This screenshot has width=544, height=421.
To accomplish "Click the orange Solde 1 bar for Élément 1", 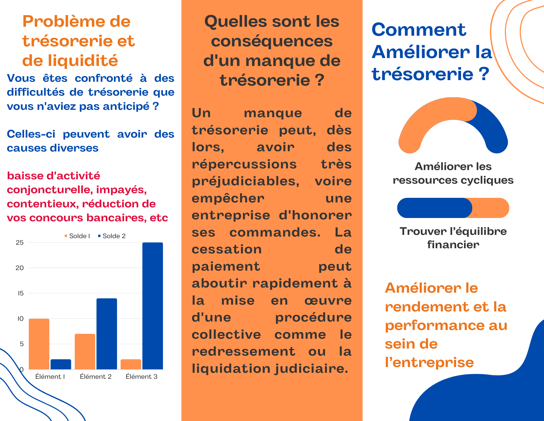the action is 39,344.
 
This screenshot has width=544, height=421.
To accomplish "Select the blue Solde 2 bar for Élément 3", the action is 153,306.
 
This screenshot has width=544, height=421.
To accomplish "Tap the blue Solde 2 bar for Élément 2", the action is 107,334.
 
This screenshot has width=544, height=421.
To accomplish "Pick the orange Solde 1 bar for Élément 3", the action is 131,364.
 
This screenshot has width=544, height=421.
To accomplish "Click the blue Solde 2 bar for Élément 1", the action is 61,364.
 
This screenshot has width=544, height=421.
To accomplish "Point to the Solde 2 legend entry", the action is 112,236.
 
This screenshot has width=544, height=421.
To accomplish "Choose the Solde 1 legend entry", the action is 77,236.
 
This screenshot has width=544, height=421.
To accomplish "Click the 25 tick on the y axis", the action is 20,243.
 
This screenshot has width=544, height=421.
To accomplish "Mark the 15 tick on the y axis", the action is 21,293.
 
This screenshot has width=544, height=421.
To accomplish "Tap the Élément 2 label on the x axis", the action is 96,377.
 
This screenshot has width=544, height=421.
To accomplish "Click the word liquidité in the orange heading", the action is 83,60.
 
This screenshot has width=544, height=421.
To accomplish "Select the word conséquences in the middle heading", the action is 272,41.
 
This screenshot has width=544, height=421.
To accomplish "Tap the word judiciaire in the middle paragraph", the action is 311,369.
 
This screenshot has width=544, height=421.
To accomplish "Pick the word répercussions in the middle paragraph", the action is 244,164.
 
